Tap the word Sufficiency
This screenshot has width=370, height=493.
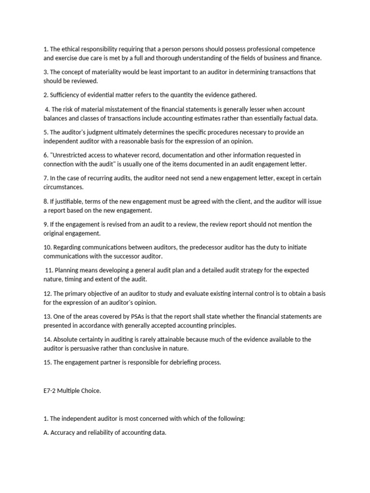pyautogui.click(x=67, y=95)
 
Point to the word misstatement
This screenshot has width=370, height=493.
pyautogui.click(x=128, y=109)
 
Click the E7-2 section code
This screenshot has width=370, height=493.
pyautogui.click(x=52, y=391)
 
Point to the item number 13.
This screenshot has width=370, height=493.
pyautogui.click(x=47, y=316)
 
